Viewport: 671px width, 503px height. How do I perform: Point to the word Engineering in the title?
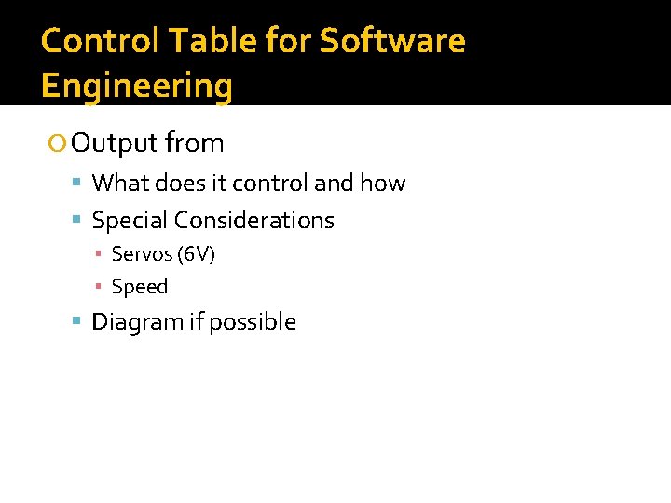click(137, 86)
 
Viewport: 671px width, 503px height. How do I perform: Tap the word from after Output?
click(195, 143)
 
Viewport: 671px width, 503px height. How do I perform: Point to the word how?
click(383, 184)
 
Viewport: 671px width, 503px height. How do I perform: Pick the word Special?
click(130, 221)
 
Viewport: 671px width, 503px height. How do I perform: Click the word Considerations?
click(253, 221)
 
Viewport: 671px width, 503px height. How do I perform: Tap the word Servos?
click(136, 254)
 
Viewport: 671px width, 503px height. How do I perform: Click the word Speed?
click(140, 287)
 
